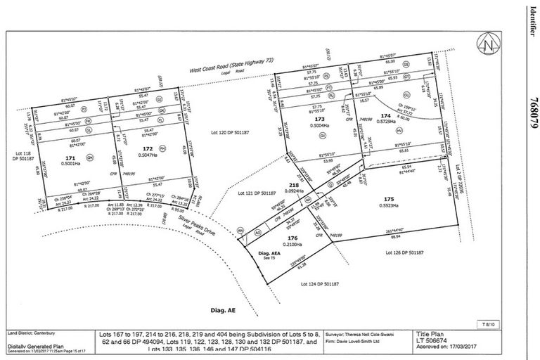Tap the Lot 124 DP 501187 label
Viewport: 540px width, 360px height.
pyautogui.click(x=320, y=283)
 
